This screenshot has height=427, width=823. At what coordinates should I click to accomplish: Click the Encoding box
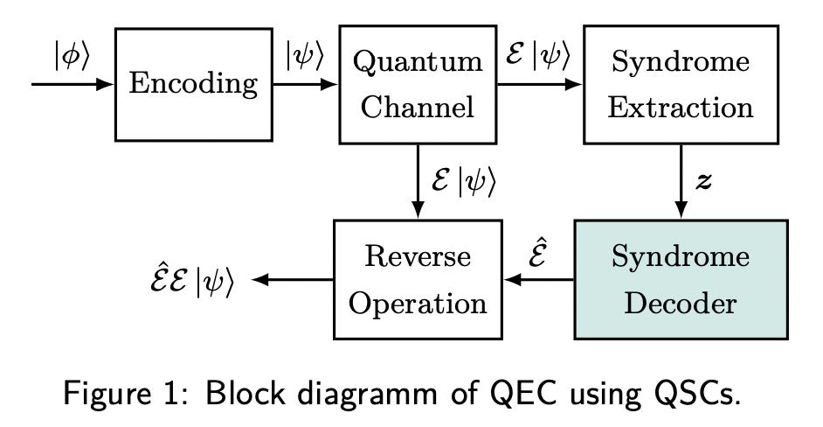point(194,85)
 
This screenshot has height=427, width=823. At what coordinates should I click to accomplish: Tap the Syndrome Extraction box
point(681,85)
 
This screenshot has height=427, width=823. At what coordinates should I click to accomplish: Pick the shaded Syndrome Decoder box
point(681,280)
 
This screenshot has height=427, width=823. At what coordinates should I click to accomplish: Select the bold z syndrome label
point(703,181)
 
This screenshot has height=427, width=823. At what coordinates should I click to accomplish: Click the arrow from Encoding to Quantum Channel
point(305,85)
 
